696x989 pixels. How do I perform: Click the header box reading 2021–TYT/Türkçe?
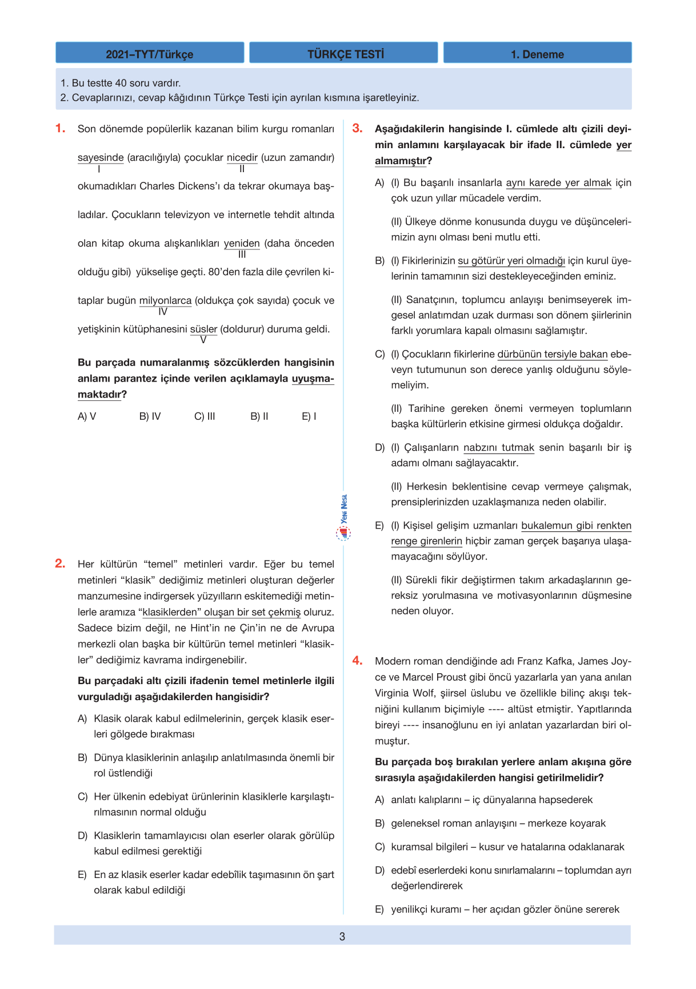pyautogui.click(x=150, y=54)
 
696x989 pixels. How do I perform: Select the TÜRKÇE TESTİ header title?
pyautogui.click(x=345, y=54)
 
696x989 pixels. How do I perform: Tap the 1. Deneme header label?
pyautogui.click(x=537, y=54)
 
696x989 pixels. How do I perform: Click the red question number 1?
pyautogui.click(x=60, y=128)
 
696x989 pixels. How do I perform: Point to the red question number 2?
pyautogui.click(x=60, y=563)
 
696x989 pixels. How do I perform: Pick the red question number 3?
pyautogui.click(x=357, y=128)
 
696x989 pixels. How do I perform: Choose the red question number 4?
pyautogui.click(x=357, y=661)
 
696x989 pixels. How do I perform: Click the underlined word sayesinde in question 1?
pyautogui.click(x=101, y=157)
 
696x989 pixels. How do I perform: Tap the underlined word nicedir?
pyautogui.click(x=242, y=157)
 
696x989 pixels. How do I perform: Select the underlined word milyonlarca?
pyautogui.click(x=165, y=300)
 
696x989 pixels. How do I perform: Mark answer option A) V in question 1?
pyautogui.click(x=87, y=416)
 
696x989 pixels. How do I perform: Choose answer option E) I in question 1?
pyautogui.click(x=309, y=416)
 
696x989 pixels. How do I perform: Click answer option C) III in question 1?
pyautogui.click(x=205, y=416)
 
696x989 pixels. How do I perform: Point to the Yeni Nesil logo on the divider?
pyautogui.click(x=343, y=518)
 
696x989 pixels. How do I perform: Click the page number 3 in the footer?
pyautogui.click(x=342, y=936)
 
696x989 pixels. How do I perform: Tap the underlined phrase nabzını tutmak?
pyautogui.click(x=499, y=447)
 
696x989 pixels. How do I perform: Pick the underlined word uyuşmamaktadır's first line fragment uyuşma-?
pyautogui.click(x=313, y=378)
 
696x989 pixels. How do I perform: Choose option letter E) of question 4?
pyautogui.click(x=379, y=909)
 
